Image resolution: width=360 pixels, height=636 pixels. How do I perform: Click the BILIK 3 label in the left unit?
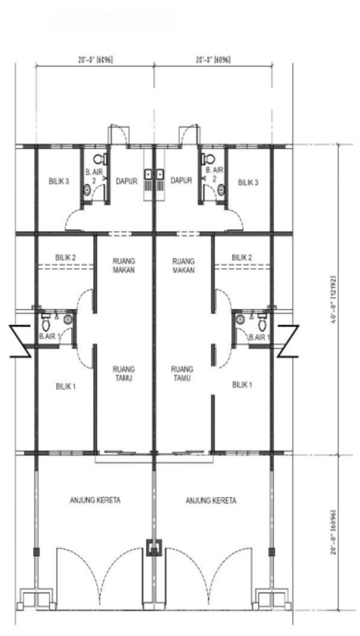[x=59, y=181]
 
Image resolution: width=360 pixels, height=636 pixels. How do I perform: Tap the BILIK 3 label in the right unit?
[x=248, y=182]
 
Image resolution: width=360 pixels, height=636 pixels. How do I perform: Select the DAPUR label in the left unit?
[x=127, y=181]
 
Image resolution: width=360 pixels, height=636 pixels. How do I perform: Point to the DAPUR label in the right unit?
[x=181, y=180]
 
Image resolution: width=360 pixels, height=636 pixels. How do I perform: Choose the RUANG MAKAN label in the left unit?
[x=124, y=265]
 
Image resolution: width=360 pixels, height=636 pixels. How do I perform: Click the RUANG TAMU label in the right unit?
[x=182, y=374]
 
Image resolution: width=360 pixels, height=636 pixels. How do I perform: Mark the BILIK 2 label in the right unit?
[x=242, y=257]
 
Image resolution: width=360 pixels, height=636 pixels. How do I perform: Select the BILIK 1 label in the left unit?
[x=66, y=386]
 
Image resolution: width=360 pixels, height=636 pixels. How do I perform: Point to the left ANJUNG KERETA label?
[x=95, y=500]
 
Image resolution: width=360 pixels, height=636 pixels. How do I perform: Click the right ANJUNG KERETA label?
[x=211, y=501]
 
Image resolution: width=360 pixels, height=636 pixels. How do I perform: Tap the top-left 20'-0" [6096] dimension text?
[x=95, y=60]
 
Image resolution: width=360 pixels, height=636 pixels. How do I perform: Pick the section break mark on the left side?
[x=21, y=341]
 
